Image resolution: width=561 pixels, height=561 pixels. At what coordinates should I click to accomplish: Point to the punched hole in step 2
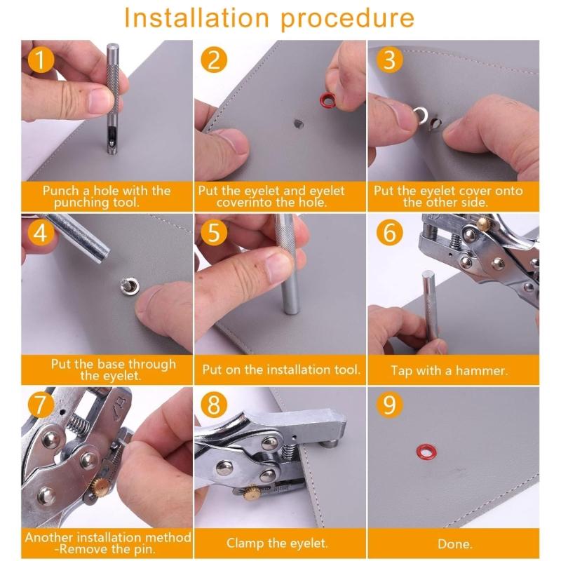pos(297,123)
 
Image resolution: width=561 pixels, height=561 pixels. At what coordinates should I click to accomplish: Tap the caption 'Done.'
pos(454,543)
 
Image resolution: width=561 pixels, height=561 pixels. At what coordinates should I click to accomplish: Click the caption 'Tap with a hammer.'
pos(454,370)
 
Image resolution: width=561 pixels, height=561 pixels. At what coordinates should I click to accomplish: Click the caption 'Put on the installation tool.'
pos(281,370)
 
